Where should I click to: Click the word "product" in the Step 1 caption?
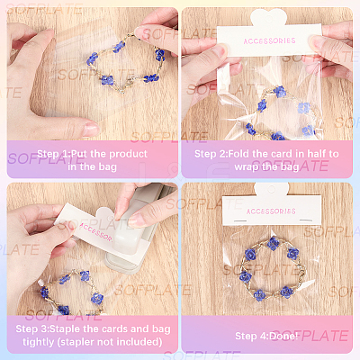(x=128, y=154)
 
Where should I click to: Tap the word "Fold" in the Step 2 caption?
(x=239, y=154)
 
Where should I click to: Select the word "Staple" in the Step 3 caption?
(x=65, y=329)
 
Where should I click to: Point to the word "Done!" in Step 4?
(x=283, y=336)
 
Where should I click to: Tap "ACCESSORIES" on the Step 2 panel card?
(x=269, y=40)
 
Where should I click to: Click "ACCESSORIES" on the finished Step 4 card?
(x=271, y=211)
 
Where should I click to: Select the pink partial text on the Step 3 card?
(x=96, y=231)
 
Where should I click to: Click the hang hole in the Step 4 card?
(x=272, y=189)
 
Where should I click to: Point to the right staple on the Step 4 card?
(x=305, y=220)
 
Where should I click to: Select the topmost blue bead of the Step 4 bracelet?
(x=273, y=243)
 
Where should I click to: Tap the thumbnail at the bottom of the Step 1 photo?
(x=90, y=129)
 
